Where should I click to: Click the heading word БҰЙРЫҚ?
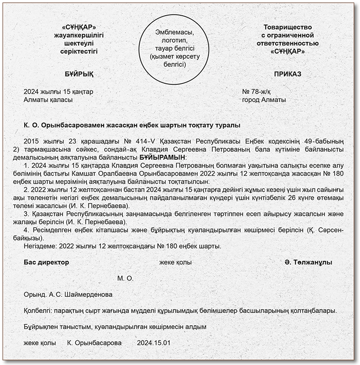click(x=79, y=74)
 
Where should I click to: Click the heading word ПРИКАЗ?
click(x=288, y=74)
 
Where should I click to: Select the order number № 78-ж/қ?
click(x=256, y=91)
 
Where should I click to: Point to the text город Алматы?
click(x=264, y=100)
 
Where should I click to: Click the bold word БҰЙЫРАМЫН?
click(x=162, y=157)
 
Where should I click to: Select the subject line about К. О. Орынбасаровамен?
click(x=132, y=125)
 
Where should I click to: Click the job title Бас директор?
click(x=46, y=262)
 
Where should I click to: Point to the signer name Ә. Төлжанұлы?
click(x=308, y=262)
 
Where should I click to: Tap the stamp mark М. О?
click(x=126, y=278)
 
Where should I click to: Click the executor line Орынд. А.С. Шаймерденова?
click(x=68, y=294)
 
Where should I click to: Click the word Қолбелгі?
click(x=37, y=311)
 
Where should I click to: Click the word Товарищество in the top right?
click(x=288, y=27)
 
